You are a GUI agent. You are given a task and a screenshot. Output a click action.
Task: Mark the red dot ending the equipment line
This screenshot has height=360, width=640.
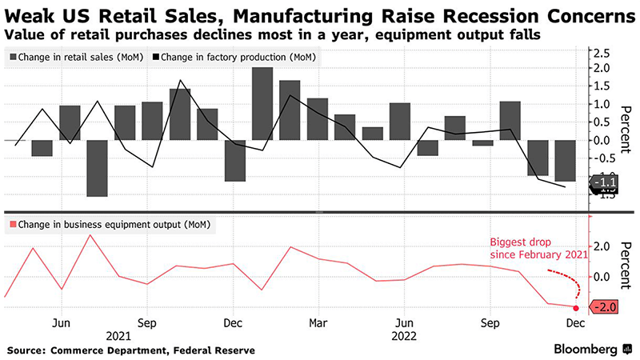[x=576, y=307]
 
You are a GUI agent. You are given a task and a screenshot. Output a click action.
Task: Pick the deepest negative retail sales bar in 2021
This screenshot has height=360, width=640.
[x=98, y=168]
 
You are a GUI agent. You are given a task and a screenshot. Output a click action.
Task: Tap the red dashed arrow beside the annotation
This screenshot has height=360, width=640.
[x=566, y=285]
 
